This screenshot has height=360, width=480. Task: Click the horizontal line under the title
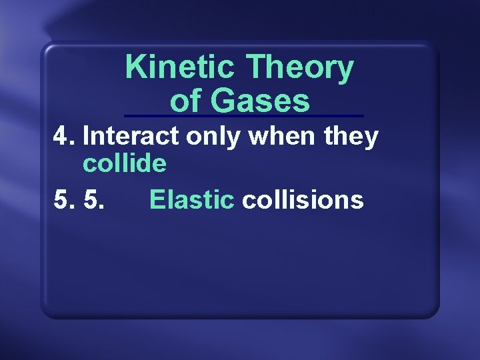click(x=244, y=117)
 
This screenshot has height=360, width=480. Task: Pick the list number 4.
click(x=63, y=136)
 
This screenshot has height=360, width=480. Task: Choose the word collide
click(x=124, y=163)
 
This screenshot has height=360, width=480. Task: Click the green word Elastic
click(x=192, y=199)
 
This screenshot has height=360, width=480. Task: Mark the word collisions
click(x=303, y=199)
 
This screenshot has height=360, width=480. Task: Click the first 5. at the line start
click(x=64, y=199)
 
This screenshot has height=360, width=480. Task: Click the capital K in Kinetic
click(x=135, y=67)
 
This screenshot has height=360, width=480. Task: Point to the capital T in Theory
click(x=256, y=67)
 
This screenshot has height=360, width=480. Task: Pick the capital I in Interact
click(x=87, y=136)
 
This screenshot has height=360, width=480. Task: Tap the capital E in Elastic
click(x=157, y=199)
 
